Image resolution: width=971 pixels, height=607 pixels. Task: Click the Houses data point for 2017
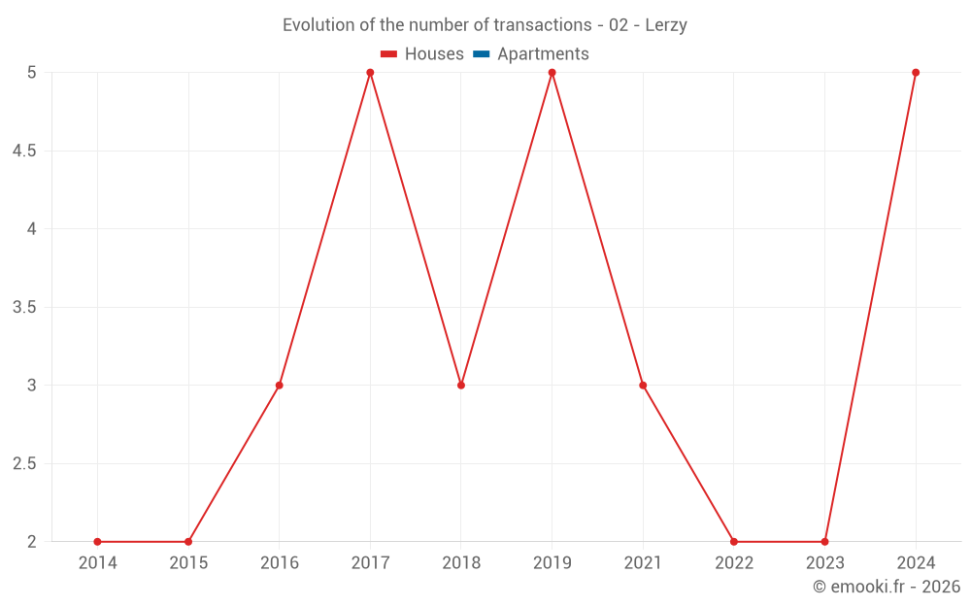point(370,73)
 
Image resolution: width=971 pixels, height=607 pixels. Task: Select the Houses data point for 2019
point(552,73)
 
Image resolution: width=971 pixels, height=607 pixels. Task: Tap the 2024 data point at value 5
point(916,73)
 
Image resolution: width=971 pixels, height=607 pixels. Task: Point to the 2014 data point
point(97,542)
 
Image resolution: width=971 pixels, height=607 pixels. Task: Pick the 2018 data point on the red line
point(461,386)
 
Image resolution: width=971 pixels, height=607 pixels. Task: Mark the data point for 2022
point(734,542)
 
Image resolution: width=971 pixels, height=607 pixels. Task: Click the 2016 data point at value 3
point(279,386)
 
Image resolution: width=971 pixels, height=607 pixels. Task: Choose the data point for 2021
point(643,386)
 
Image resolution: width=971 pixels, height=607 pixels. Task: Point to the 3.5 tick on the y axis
point(24,308)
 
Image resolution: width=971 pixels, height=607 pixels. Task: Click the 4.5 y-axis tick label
point(24,152)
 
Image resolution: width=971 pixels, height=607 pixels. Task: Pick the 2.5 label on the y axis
point(24,464)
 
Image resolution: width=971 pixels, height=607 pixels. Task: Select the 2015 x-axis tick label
point(188,563)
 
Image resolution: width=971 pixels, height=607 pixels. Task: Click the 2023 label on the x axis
point(824,563)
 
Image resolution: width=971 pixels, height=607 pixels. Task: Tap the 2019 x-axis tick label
point(552,563)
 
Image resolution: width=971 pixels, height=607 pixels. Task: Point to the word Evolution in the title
point(318,25)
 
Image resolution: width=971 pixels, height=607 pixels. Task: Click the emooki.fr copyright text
point(887,587)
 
